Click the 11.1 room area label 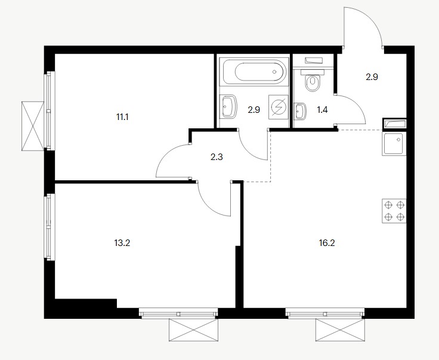point(122,117)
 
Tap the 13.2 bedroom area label point(122,243)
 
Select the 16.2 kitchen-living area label point(327,243)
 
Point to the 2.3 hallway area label point(217,157)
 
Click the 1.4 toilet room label point(322,109)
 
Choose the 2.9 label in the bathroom point(254,109)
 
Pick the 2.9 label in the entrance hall point(372,77)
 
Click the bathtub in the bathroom point(254,71)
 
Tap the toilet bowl point(313,81)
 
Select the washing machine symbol point(278,107)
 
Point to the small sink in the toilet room point(300,111)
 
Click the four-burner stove point(394,211)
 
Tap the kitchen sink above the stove point(394,144)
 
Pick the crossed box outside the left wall point(33,127)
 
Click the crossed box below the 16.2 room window point(340,330)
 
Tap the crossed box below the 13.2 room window point(193,330)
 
